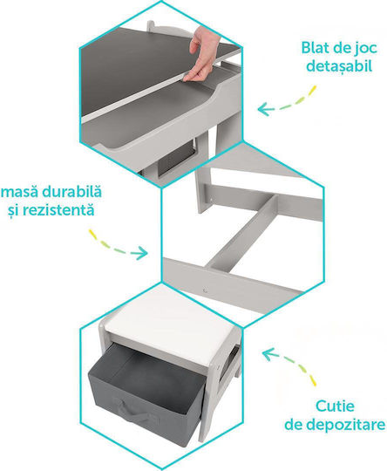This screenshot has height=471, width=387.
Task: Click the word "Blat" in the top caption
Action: pyautogui.click(x=316, y=48)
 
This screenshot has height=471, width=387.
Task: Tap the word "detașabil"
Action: pyautogui.click(x=339, y=66)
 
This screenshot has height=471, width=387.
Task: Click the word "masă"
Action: pyautogui.click(x=20, y=192)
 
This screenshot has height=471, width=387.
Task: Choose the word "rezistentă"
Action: pyautogui.click(x=59, y=209)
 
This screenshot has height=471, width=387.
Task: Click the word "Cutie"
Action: pyautogui.click(x=335, y=406)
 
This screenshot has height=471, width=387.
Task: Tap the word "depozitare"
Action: pyautogui.click(x=335, y=425)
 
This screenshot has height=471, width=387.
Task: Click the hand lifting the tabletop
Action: pyautogui.click(x=200, y=53)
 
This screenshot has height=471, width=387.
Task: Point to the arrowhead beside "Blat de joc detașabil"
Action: pyautogui.click(x=264, y=109)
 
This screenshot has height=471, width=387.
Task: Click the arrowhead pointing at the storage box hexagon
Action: pyautogui.click(x=269, y=354)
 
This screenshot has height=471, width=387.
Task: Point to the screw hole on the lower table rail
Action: pyautogui.click(x=205, y=290)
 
